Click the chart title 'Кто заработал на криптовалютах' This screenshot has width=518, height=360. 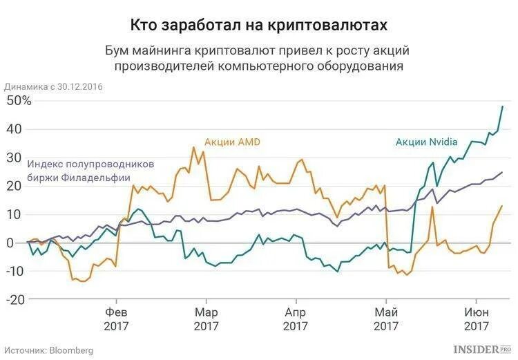point(259,24)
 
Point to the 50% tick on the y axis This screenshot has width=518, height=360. point(18,101)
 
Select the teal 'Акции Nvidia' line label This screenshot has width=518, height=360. point(426,142)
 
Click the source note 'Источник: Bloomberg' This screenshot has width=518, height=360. point(48,350)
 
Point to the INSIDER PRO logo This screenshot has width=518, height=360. point(481,350)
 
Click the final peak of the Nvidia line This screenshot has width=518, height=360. point(502,106)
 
